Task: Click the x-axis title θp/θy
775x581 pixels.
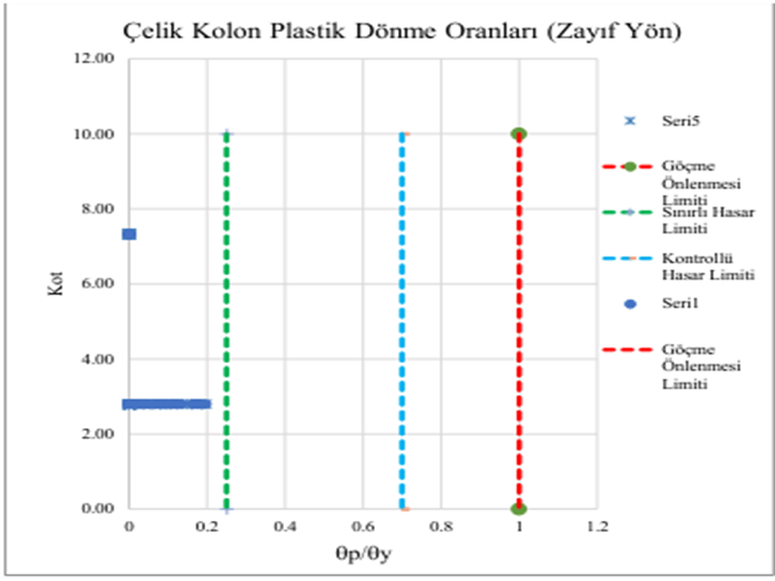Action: coord(362,558)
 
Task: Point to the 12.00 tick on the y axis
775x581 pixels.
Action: coord(96,59)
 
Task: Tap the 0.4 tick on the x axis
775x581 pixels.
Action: coord(285,528)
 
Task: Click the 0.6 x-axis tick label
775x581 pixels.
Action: coord(363,528)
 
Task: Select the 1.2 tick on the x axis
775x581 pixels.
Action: coord(598,528)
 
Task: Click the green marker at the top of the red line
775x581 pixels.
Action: coord(519,134)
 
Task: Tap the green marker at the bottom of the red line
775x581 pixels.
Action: coord(519,508)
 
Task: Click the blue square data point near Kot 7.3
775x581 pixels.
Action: coord(129,234)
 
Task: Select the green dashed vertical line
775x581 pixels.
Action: coord(227,320)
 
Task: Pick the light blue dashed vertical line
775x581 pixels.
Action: coord(402,320)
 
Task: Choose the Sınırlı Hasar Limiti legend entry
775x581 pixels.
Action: coord(697,219)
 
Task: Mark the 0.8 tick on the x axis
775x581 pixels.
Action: coord(442,528)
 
